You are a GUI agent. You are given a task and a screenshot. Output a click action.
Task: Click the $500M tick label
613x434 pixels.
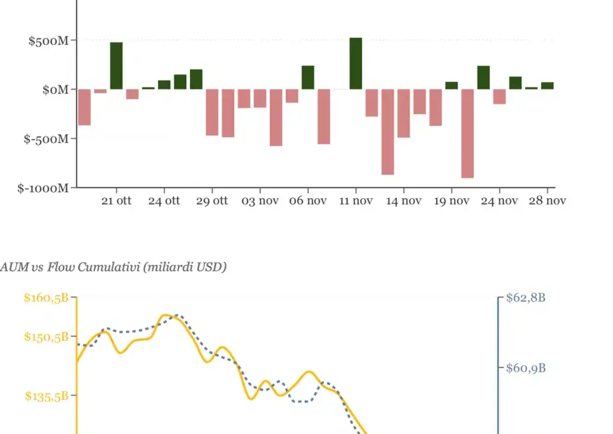click(x=48, y=41)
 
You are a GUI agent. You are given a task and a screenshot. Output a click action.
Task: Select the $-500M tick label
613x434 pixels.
click(x=46, y=139)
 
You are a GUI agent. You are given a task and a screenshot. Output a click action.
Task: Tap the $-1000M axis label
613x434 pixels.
click(x=43, y=188)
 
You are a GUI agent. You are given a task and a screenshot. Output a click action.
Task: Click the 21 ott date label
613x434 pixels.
click(x=116, y=201)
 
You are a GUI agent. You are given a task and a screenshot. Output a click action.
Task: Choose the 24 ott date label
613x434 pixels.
click(x=164, y=201)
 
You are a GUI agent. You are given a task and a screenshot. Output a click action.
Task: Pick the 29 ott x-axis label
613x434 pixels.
click(x=212, y=201)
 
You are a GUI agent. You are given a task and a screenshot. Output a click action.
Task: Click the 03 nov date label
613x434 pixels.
click(x=260, y=201)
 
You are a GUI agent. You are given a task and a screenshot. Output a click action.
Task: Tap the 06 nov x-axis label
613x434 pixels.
click(x=308, y=201)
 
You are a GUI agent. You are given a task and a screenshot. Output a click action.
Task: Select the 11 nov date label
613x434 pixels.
click(x=356, y=201)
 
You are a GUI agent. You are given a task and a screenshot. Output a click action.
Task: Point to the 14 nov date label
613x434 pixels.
click(x=403, y=201)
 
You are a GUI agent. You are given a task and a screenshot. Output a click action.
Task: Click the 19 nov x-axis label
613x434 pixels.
click(x=452, y=201)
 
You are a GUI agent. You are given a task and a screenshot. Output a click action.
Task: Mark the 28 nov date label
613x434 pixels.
click(x=547, y=201)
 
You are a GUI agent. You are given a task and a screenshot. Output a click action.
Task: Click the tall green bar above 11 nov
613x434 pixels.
click(x=356, y=64)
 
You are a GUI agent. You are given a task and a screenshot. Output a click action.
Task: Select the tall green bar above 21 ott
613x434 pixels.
click(x=116, y=66)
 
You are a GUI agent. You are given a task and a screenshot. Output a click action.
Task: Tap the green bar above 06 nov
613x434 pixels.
click(x=308, y=78)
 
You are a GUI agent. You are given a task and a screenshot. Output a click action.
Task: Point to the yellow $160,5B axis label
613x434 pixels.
click(x=46, y=298)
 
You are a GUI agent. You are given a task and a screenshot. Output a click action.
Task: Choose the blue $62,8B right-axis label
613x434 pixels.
click(x=525, y=298)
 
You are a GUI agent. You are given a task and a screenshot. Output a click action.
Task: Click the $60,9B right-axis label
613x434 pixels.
click(x=525, y=367)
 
